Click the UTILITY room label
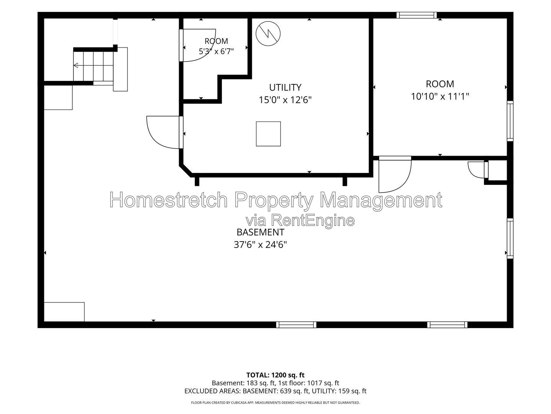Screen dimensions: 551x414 tap(285, 87)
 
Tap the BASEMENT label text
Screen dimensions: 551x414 tap(260, 232)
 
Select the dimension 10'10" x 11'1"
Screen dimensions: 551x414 tap(440, 96)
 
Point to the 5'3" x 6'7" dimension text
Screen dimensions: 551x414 tap(216, 51)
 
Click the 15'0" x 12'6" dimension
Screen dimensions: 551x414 tap(285, 100)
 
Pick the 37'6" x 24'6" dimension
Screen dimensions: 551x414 tap(260, 245)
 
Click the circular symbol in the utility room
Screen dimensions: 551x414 tap(268, 34)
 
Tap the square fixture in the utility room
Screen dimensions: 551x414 tap(268, 134)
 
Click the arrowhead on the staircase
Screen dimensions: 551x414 tap(75, 65)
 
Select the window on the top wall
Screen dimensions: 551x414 tap(416, 15)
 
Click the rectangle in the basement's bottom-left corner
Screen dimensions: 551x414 tap(64, 312)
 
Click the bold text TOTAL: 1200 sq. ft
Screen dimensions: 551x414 tap(275, 375)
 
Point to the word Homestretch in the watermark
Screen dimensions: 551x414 tap(168, 200)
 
